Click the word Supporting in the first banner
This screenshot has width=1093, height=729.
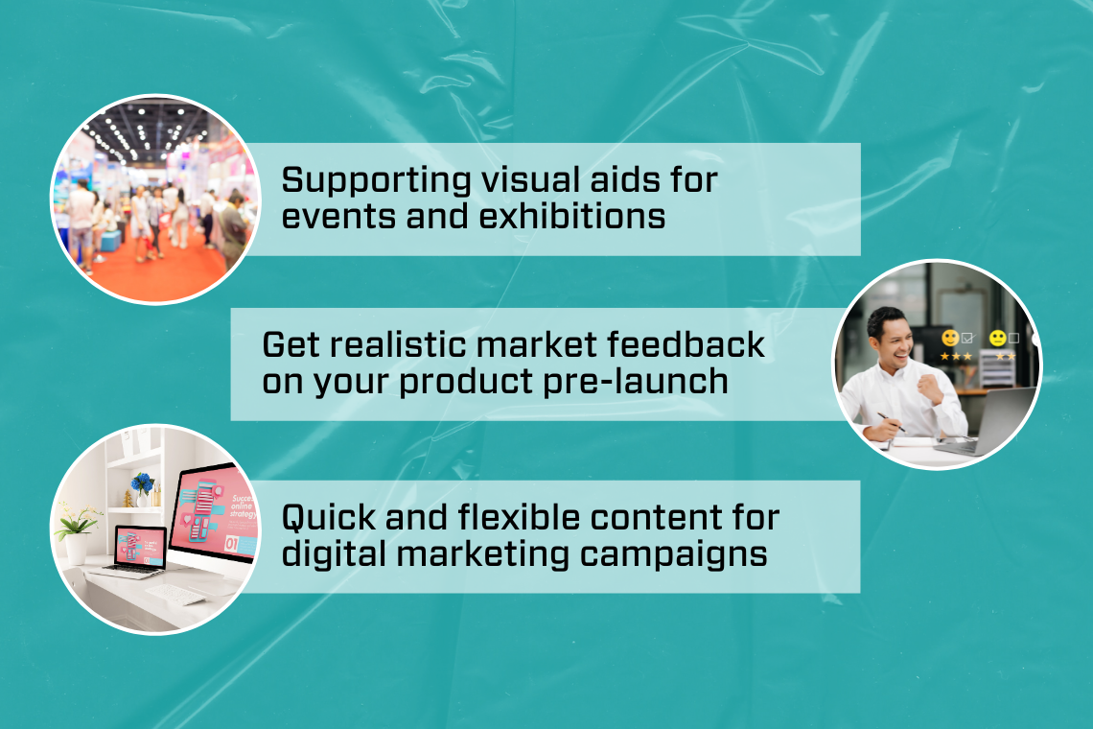click(x=377, y=181)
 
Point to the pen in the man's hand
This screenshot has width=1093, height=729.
click(x=890, y=421)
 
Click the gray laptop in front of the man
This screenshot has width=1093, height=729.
click(x=989, y=421)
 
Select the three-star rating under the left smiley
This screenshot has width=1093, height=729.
click(x=956, y=356)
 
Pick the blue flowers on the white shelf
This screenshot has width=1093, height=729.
click(x=142, y=482)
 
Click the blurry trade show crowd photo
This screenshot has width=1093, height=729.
click(x=154, y=200)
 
